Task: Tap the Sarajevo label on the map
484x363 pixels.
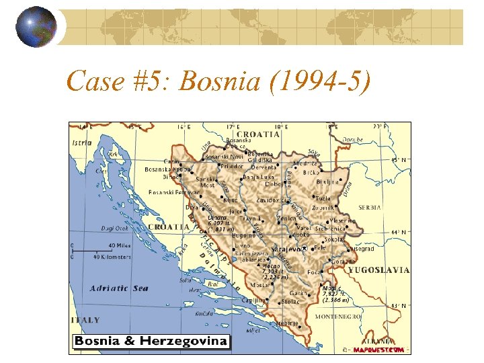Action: pos(286,249)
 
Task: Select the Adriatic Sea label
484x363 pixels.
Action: pos(119,288)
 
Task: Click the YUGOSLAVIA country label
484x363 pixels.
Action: pos(378,270)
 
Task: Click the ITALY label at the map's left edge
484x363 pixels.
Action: pos(85,320)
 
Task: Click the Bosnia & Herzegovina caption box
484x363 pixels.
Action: pos(151,341)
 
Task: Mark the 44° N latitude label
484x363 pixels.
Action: pos(399,231)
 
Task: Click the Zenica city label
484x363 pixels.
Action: pos(288,218)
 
